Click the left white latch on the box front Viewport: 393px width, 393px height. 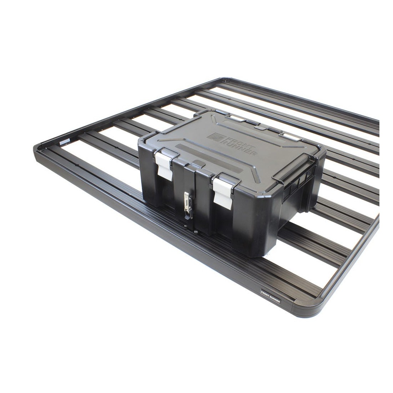click(164, 164)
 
